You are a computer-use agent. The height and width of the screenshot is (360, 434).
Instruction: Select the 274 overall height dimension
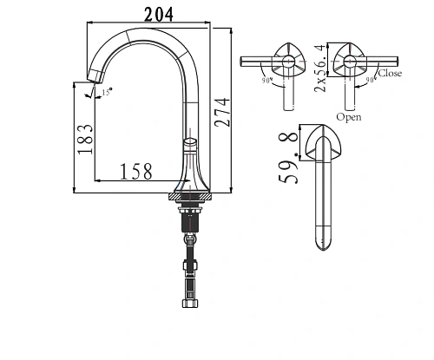225,108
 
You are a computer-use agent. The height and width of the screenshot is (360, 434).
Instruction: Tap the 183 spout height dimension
84,138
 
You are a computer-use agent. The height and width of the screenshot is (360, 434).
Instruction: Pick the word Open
349,116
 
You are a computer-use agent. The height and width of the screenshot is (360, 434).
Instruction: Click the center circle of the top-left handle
286,63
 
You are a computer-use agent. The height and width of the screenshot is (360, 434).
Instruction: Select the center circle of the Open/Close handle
352,62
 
